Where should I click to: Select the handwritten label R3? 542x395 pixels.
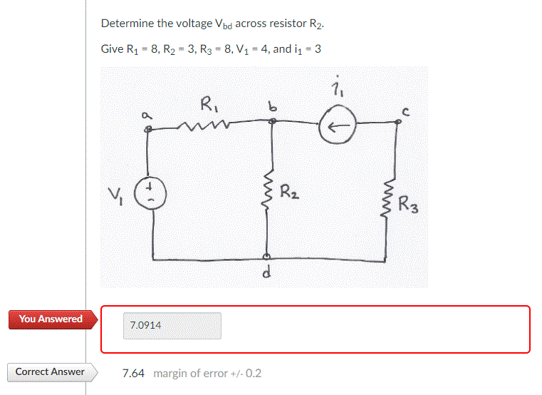pos(409,205)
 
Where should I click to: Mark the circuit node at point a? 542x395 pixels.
pos(148,130)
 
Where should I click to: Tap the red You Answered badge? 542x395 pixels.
pos(46,319)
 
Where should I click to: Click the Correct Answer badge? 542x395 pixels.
pos(49,371)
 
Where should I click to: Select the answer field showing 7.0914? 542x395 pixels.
pos(172,326)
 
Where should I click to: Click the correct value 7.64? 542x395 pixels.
pos(133,373)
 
